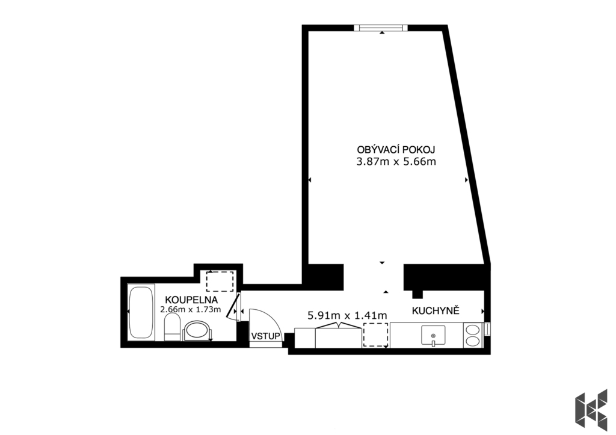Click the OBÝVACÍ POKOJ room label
point(396,150)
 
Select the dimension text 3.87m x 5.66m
point(396,161)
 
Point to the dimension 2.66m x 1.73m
point(191,309)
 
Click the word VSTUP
point(266,336)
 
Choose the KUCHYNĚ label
point(436,311)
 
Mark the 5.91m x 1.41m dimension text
point(347,315)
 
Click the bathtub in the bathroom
point(141,312)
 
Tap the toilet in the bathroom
point(172,329)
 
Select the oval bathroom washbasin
point(197,330)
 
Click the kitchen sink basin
point(433,336)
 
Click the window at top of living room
point(381,28)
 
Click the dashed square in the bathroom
point(220,281)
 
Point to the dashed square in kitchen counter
point(376,335)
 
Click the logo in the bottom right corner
point(591,410)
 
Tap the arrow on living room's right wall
point(466,180)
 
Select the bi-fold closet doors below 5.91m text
point(338,325)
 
